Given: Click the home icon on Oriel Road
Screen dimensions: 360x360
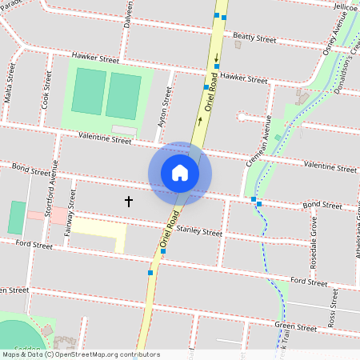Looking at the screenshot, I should pyautogui.click(x=180, y=173).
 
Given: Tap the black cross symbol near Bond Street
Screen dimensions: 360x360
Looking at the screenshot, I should pyautogui.click(x=129, y=201).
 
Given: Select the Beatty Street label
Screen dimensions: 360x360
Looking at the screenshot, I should pyautogui.click(x=254, y=38).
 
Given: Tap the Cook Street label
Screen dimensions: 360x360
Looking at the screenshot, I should pyautogui.click(x=46, y=90).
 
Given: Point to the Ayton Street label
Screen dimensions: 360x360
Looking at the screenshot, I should pyautogui.click(x=166, y=107).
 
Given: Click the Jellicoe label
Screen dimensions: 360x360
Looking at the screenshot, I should pyautogui.click(x=345, y=6).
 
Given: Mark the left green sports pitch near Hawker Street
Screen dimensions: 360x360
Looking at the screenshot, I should pyautogui.click(x=87, y=91).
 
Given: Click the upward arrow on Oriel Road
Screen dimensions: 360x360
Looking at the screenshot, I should pyautogui.click(x=199, y=121).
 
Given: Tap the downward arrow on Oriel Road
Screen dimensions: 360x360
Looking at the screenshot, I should pyautogui.click(x=215, y=58).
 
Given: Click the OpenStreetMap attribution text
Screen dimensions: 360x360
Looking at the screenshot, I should pyautogui.click(x=80, y=354).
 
